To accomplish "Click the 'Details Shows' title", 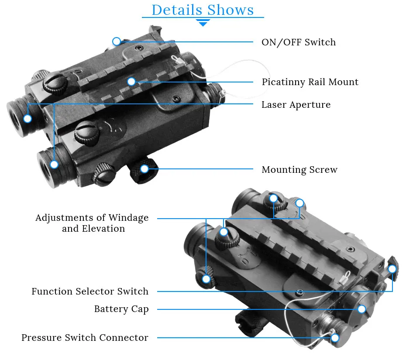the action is (x=203, y=10).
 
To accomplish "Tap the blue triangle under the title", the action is (x=203, y=23).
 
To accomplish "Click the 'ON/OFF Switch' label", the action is (x=299, y=42).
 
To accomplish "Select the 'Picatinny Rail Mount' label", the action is (x=310, y=82).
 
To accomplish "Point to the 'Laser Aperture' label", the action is (x=296, y=105).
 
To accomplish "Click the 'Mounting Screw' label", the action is (x=299, y=169).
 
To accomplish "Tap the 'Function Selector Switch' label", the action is (x=90, y=291).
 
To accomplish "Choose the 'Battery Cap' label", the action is (x=121, y=309).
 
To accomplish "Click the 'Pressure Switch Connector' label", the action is (x=85, y=337).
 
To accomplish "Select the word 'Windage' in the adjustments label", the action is (x=128, y=218).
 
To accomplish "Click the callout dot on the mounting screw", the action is (x=144, y=169).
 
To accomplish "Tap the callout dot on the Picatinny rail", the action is (x=131, y=82).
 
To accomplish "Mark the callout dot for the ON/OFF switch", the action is (x=117, y=41).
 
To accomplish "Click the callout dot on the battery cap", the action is (x=361, y=309).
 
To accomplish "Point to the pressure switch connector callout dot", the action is (x=335, y=338).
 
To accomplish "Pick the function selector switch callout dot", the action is (x=392, y=269).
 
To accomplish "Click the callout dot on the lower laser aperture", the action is (x=54, y=165).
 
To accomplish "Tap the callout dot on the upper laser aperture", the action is (x=28, y=119).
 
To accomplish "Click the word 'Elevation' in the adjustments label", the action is (x=103, y=229).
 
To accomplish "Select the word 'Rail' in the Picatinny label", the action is (x=317, y=82).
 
